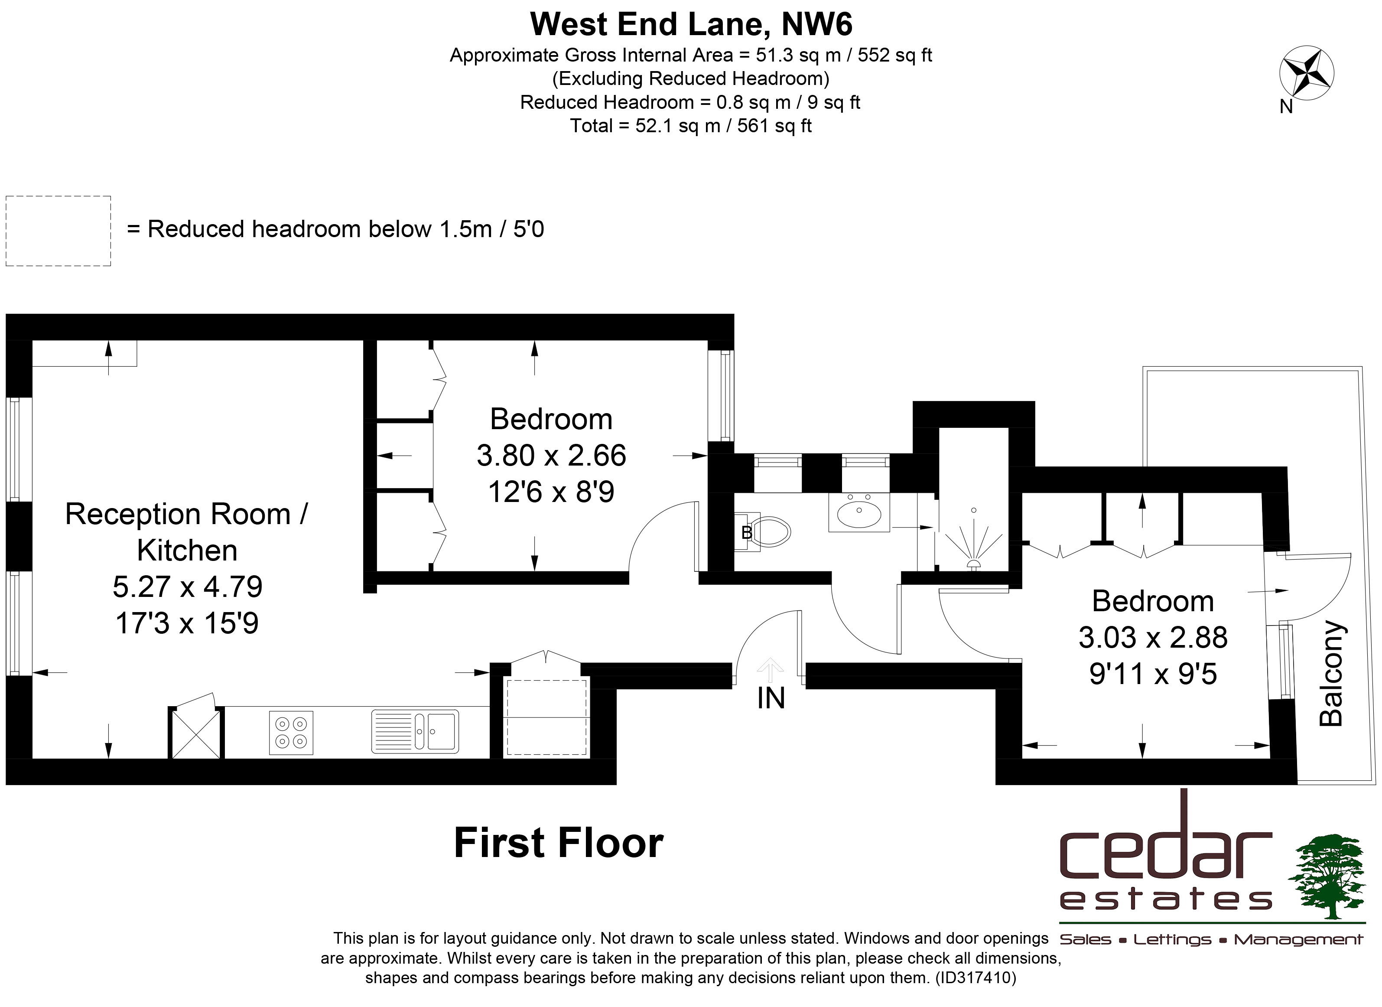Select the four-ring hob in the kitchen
291,733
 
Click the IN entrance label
771,698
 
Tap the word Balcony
1331,674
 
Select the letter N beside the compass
1286,107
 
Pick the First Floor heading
559,843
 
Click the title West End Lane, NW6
691,24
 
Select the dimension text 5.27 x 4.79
188,587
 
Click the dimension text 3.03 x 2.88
1153,638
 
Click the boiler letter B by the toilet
746,533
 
